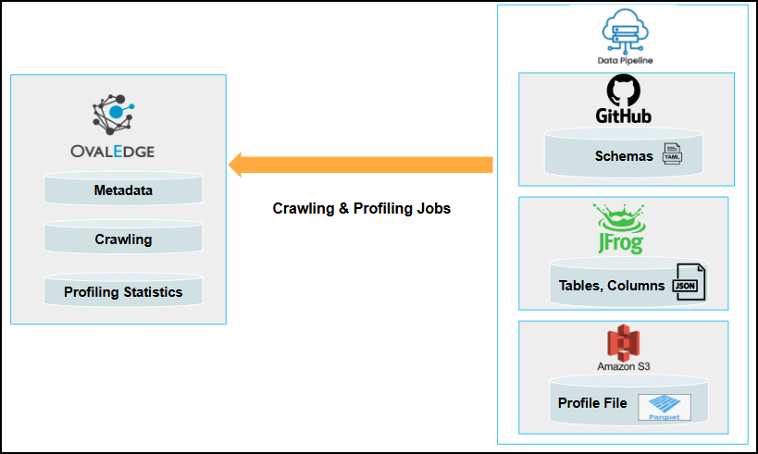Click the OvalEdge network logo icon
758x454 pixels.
(x=114, y=115)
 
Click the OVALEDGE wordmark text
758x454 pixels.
(x=113, y=152)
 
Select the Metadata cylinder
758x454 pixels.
(x=123, y=189)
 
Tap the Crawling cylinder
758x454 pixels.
(x=123, y=237)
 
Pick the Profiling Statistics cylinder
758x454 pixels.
(x=123, y=290)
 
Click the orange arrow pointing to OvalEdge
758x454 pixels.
(x=361, y=165)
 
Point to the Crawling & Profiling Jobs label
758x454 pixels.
(x=362, y=208)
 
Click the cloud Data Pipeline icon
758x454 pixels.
(x=625, y=31)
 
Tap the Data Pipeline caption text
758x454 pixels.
(x=625, y=60)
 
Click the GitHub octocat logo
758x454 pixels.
(x=624, y=91)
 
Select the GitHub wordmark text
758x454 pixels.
(x=624, y=116)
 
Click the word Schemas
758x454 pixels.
(x=624, y=156)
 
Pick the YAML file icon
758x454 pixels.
(x=673, y=153)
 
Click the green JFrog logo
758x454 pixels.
(x=620, y=228)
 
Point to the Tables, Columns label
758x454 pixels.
(x=612, y=286)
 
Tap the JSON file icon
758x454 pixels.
(x=689, y=282)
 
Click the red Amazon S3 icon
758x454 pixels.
(x=624, y=342)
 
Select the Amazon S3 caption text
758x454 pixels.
(x=624, y=366)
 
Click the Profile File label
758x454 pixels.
(x=592, y=403)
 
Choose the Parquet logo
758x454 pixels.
(x=665, y=407)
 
